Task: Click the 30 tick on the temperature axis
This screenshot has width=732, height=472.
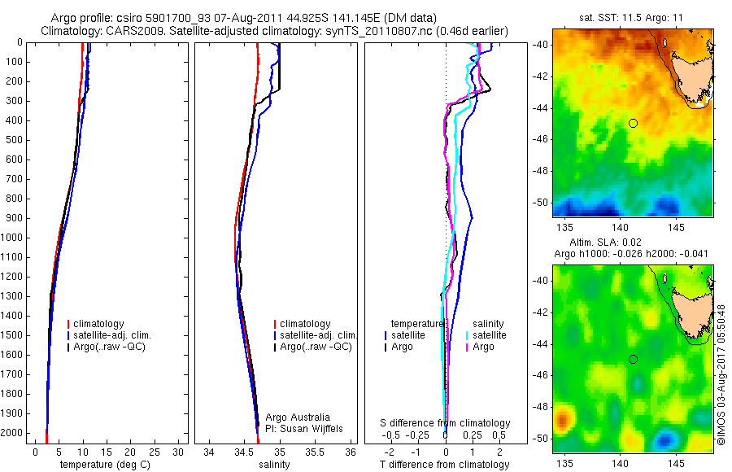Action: click(178, 451)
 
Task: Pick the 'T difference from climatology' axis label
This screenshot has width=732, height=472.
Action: click(444, 465)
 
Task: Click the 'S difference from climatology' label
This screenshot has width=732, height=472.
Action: click(446, 423)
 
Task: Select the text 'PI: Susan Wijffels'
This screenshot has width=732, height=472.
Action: click(303, 428)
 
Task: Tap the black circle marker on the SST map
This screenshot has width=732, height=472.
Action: click(633, 123)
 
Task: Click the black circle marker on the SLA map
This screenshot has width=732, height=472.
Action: click(633, 359)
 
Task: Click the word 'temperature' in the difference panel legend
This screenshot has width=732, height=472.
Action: click(417, 324)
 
